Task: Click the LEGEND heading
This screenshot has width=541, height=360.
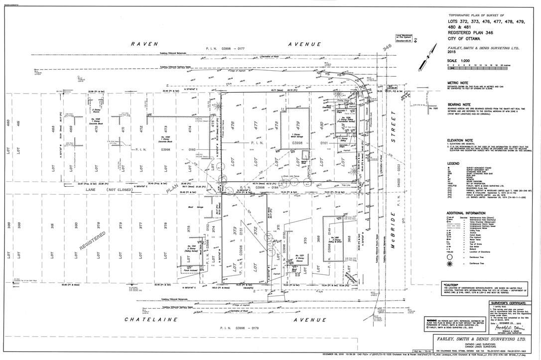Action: tap(453, 163)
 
